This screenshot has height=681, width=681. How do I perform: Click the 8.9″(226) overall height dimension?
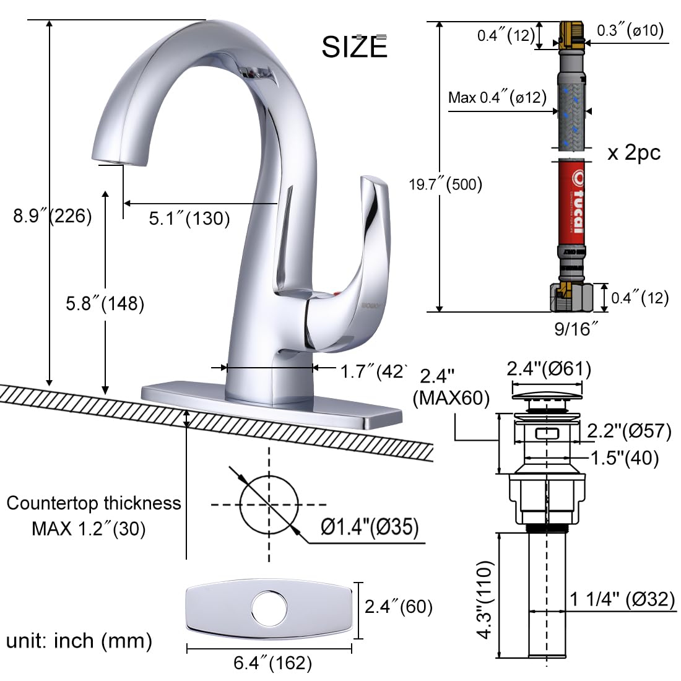point(53,216)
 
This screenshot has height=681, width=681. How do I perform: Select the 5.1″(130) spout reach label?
point(189,218)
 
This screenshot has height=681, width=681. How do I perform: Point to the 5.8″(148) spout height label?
point(105,303)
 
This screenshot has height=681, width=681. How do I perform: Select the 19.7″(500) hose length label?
point(445,184)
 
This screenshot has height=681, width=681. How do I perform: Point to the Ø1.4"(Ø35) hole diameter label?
point(370,527)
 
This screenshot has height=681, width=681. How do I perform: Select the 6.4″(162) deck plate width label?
point(272,663)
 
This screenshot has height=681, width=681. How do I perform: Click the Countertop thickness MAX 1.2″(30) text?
point(93,515)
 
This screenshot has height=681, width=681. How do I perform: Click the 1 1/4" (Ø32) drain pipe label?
point(622,599)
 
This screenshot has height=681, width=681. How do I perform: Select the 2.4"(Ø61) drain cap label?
point(549,369)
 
